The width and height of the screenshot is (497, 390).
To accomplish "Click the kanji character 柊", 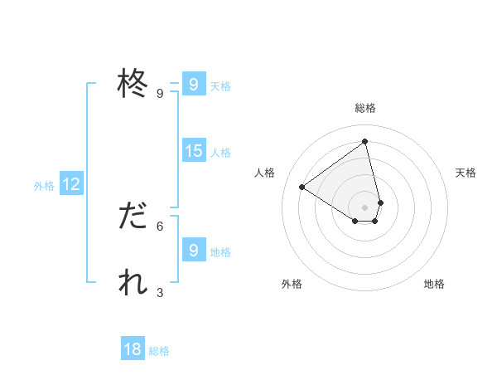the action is click(x=133, y=84).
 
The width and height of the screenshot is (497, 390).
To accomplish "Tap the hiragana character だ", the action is click(x=133, y=217).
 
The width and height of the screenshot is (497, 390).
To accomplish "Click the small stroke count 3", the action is click(x=160, y=292).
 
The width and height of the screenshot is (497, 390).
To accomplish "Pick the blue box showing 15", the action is click(x=193, y=151).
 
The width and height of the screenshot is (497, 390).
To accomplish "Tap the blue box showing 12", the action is click(x=71, y=184).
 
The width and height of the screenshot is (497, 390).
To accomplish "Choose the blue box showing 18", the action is click(x=133, y=349).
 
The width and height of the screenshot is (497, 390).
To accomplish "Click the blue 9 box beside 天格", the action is click(x=193, y=85).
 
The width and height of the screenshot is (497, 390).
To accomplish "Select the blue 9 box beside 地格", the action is click(x=193, y=251).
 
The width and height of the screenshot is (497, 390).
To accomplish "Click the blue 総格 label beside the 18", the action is click(x=159, y=351).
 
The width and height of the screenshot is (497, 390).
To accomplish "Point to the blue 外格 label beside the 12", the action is click(x=44, y=186).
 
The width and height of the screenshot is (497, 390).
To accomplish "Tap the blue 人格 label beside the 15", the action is click(x=220, y=153).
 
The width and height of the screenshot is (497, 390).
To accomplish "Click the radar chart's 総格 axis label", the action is click(x=365, y=108).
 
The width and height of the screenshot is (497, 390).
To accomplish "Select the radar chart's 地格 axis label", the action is click(x=434, y=284).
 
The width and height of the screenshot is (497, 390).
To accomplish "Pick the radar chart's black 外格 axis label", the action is click(x=292, y=284).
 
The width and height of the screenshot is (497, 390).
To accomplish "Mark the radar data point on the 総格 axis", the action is click(x=365, y=142).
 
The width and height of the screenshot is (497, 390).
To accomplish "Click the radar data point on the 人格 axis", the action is click(x=302, y=187).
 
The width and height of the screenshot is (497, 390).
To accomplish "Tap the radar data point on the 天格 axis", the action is click(x=380, y=202).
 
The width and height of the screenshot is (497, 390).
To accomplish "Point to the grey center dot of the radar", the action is click(x=365, y=207).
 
